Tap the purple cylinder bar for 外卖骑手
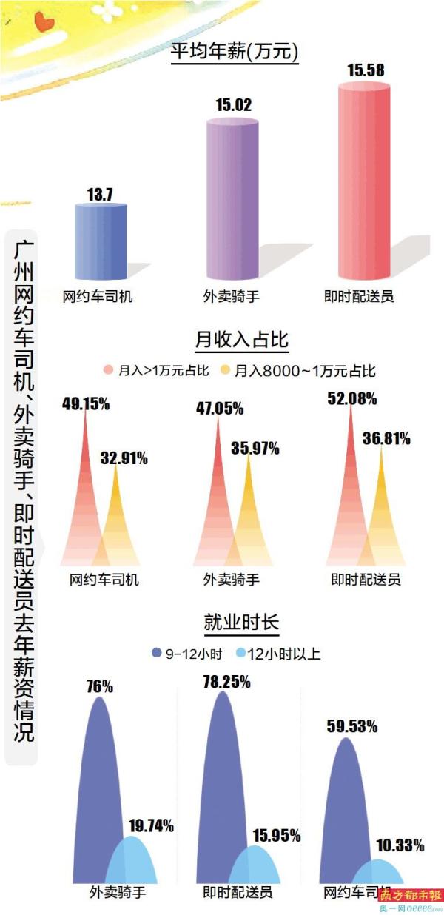point(233,200)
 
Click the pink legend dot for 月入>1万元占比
point(109,370)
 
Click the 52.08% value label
point(352,399)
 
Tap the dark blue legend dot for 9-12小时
point(156,653)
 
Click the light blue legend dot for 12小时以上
point(240,653)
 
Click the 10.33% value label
point(400,845)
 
